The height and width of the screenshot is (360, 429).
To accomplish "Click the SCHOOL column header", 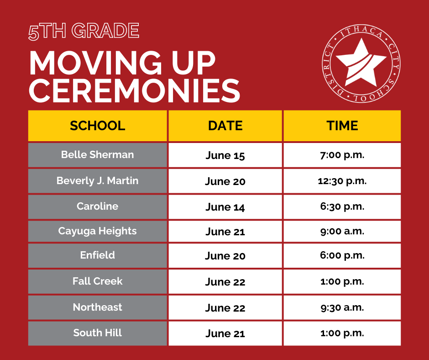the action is click(x=97, y=126).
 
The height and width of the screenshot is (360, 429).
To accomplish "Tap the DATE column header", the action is click(x=225, y=126).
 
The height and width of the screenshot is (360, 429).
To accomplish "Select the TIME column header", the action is click(x=342, y=126).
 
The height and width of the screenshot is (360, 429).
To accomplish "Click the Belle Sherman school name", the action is click(x=97, y=154).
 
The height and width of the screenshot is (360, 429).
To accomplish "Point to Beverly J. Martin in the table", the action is click(x=97, y=181).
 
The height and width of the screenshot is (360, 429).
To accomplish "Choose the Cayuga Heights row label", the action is click(x=97, y=231).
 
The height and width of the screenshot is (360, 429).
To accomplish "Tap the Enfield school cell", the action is click(x=97, y=255).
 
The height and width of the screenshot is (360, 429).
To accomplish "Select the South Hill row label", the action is click(x=97, y=333).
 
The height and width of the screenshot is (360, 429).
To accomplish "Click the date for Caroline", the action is click(x=225, y=207).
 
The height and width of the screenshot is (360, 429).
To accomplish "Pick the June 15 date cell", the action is click(x=225, y=155).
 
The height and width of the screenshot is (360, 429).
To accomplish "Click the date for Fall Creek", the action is click(x=225, y=281).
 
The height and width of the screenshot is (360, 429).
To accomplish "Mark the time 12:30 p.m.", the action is click(x=342, y=181).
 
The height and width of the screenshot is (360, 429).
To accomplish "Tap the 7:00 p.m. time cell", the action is click(x=342, y=155).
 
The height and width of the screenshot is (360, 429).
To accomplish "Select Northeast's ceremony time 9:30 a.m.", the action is click(x=342, y=307).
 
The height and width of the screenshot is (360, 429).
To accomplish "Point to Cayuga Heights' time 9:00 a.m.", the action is click(x=342, y=232).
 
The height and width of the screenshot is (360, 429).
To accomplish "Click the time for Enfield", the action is click(x=342, y=255).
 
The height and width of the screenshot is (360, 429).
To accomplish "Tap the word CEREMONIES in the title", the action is click(x=135, y=90).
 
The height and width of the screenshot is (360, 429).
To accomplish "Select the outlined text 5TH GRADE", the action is click(x=84, y=31).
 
